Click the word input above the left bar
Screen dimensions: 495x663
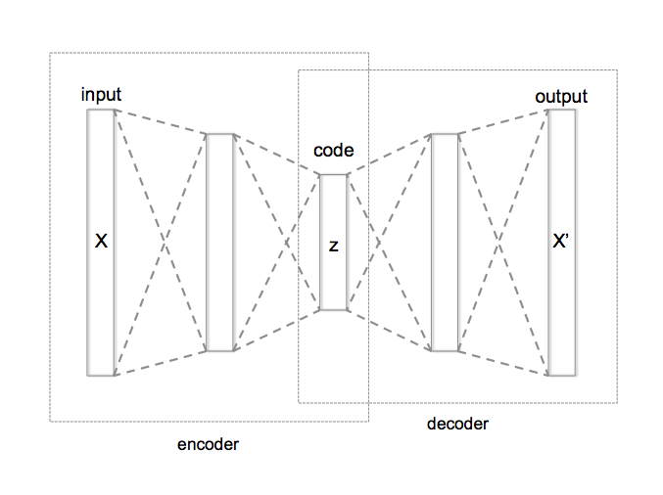[102, 95]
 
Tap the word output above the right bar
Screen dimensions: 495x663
[561, 96]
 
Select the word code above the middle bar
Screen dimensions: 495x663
[333, 151]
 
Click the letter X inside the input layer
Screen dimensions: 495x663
[100, 241]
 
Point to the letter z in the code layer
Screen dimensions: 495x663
[333, 246]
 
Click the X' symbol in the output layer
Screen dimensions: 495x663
[561, 241]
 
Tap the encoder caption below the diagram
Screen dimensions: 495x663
[208, 444]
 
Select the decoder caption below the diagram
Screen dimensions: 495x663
[457, 424]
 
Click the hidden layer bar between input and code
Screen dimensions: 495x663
[220, 242]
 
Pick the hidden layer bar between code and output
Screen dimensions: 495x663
[445, 242]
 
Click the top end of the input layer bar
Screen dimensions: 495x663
[101, 112]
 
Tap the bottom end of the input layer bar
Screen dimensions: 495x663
[101, 373]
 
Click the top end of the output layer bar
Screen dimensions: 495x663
[561, 112]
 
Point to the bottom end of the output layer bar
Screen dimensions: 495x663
[561, 373]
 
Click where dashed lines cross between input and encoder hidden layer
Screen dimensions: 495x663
[161, 242]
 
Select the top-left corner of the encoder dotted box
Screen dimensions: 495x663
[51, 53]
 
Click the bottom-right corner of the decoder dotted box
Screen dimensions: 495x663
[617, 402]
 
